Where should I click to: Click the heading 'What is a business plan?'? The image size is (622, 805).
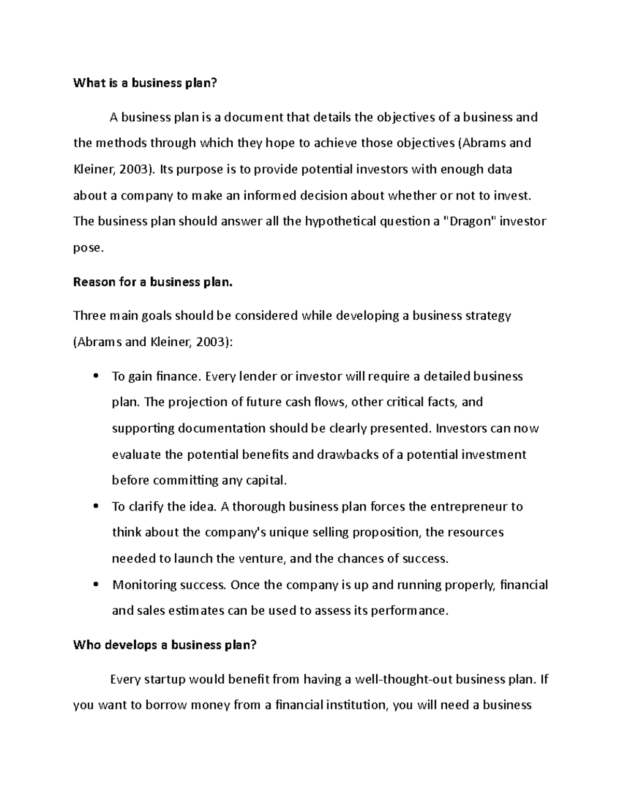point(143,83)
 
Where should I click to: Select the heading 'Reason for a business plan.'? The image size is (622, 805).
point(153,282)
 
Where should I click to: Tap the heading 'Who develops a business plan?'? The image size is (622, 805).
point(165,645)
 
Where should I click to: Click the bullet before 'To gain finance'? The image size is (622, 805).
point(94,376)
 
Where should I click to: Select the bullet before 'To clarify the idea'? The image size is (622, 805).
point(94,506)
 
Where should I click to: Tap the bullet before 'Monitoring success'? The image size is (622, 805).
point(94,585)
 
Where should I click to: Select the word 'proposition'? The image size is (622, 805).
point(385,532)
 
